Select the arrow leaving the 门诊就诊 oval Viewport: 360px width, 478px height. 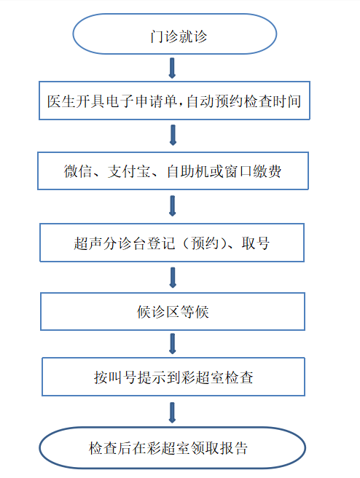point(172,68)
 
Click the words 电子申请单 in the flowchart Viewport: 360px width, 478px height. point(141,101)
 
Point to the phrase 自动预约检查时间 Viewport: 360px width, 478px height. point(244,101)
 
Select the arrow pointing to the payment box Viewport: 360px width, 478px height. point(173,135)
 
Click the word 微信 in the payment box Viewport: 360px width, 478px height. point(78,171)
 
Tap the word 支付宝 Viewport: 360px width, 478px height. point(129,171)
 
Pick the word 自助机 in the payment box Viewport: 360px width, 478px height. point(188,171)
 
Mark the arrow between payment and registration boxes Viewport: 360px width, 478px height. point(172,205)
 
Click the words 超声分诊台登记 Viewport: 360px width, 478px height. point(125,243)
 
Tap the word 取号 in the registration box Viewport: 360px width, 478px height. point(256,243)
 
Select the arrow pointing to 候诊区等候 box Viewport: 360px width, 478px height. point(173,278)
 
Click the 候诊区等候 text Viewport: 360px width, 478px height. point(173,312)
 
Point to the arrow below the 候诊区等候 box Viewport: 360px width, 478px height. point(173,344)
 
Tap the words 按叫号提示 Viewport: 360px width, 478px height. point(130,377)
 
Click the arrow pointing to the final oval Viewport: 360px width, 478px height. point(172,412)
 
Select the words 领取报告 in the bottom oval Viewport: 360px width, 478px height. point(219,448)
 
